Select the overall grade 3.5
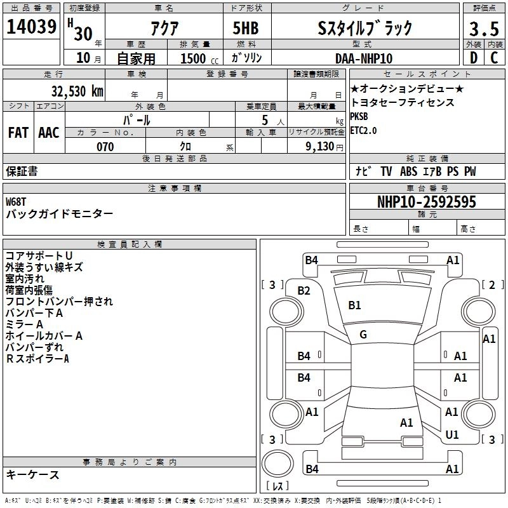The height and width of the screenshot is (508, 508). click(x=483, y=29)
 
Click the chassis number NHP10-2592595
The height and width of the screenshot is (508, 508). click(x=427, y=202)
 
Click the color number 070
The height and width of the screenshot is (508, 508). click(x=105, y=147)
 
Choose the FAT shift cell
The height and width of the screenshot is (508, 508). click(x=18, y=133)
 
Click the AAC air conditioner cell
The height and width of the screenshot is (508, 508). click(x=49, y=133)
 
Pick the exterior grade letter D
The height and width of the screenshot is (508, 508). click(x=473, y=58)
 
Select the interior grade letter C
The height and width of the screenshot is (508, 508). click(x=494, y=58)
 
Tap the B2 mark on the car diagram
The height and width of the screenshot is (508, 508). click(x=304, y=291)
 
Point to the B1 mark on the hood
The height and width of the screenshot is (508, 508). click(x=354, y=305)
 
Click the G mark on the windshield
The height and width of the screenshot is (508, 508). click(x=363, y=335)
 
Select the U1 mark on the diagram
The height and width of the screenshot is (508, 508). click(x=452, y=435)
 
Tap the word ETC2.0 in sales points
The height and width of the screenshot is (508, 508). click(x=363, y=130)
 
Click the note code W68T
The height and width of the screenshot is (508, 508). click(x=18, y=201)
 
